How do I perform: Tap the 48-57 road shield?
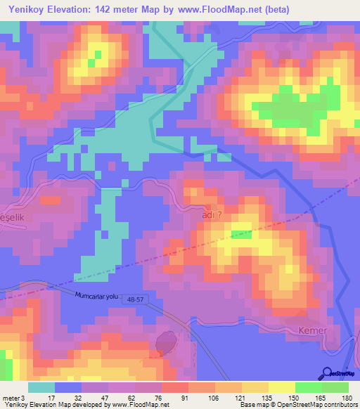point(137,300)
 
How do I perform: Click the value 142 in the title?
point(106,9)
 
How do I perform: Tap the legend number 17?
point(49,398)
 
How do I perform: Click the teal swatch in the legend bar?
point(41,387)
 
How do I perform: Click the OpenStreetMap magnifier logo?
point(328,374)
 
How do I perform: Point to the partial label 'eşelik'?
point(13,218)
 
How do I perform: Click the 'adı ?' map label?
point(212,217)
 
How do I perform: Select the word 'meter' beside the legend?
point(11,398)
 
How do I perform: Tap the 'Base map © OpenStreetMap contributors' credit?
point(299,405)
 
